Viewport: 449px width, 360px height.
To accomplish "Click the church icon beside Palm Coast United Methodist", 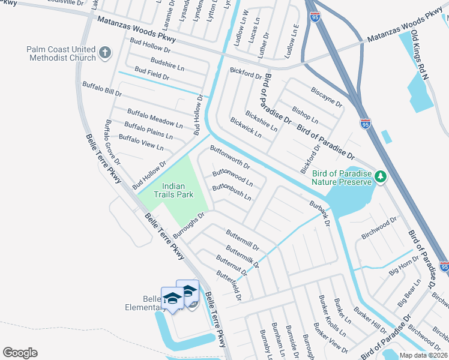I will click(105, 53).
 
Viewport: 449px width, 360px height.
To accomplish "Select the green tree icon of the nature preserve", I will click(379, 176).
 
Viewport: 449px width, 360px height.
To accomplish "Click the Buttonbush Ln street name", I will click(231, 193).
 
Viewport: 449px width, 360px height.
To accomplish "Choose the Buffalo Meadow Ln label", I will click(154, 118).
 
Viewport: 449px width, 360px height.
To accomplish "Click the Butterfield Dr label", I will click(229, 285).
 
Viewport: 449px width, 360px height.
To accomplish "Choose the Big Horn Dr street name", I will click(403, 266).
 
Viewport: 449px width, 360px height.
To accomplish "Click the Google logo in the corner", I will click(20, 353).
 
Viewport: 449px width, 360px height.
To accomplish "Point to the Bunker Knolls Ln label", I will click(333, 324).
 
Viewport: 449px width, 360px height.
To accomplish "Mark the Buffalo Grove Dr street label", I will click(113, 143).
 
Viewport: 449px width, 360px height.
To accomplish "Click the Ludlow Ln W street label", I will click(244, 25).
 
